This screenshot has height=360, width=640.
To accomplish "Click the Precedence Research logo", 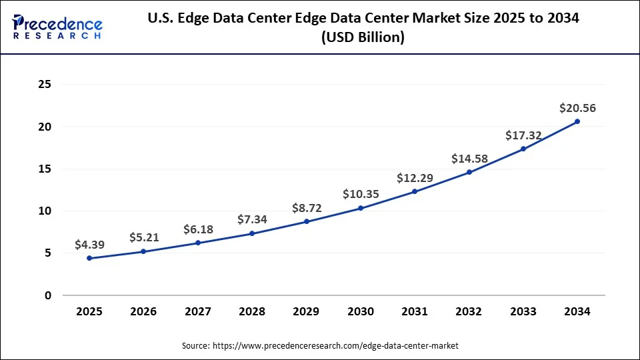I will (57, 27).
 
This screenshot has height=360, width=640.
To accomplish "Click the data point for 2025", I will (89, 258).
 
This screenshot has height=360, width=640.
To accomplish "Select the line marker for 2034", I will (577, 121).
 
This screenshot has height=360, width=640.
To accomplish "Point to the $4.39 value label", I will (89, 244).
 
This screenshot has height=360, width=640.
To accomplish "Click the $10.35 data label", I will (361, 194).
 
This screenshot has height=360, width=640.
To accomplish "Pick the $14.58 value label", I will (469, 159).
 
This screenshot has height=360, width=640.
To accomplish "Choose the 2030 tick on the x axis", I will (361, 311).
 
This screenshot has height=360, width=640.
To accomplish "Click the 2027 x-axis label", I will (198, 311).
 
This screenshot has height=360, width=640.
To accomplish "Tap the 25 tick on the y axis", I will (45, 85).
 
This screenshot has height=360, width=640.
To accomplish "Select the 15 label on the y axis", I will (45, 169).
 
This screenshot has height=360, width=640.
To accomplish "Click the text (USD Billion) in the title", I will (363, 39).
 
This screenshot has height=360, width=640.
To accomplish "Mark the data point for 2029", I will (307, 221).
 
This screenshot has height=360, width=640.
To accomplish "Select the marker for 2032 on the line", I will (469, 172).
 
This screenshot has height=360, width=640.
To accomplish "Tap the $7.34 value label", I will (252, 219).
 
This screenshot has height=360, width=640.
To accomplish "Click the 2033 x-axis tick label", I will (523, 311).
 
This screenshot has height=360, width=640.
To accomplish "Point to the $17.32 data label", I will (523, 135).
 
